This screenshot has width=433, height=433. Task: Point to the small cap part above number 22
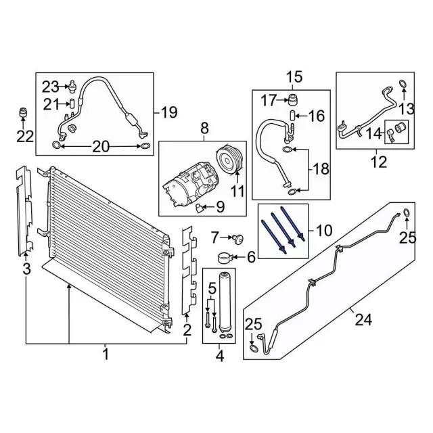(x=23, y=112)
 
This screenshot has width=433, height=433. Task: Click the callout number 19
(x=169, y=112)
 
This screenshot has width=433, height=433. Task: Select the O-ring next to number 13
(x=403, y=85)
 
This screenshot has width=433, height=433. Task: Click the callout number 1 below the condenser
(x=106, y=353)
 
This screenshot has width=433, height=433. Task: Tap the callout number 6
(x=250, y=256)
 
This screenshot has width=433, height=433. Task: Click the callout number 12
(x=378, y=162)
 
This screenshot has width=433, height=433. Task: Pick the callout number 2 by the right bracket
(x=187, y=330)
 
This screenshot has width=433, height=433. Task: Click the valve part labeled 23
(x=71, y=86)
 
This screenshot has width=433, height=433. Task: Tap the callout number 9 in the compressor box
(x=220, y=206)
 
